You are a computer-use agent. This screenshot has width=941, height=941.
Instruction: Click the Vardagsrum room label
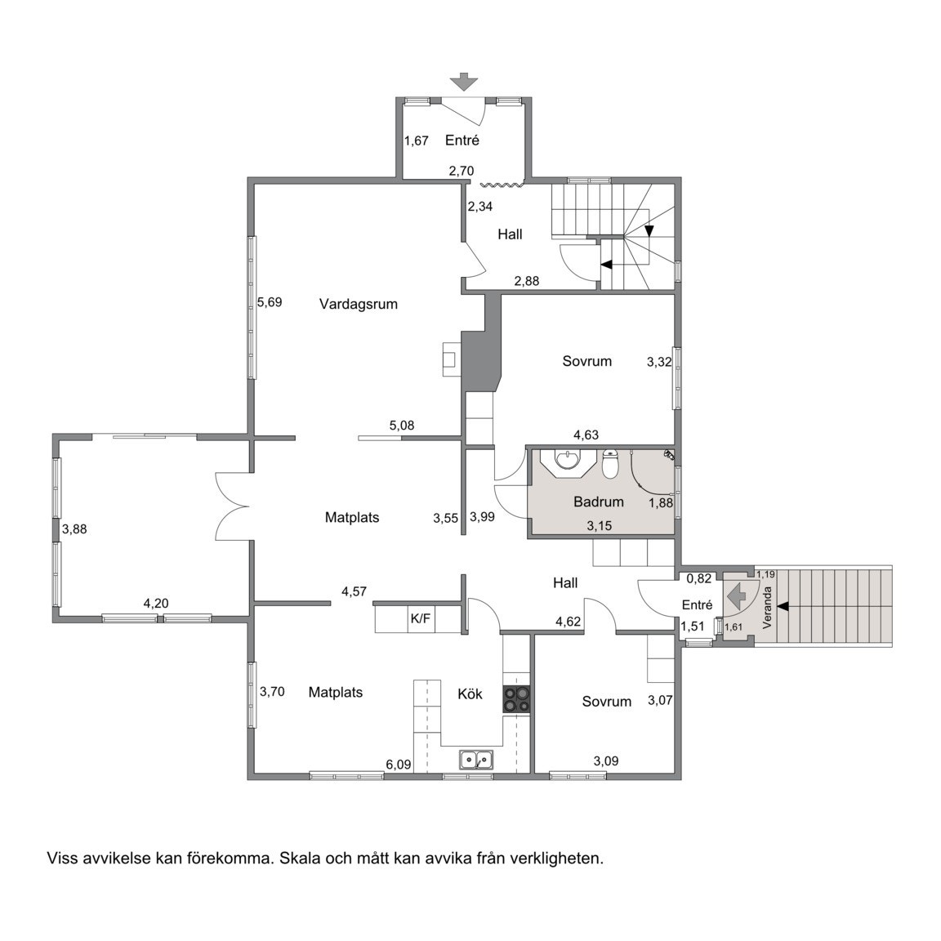pos(358,305)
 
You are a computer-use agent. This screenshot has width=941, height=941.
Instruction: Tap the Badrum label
pos(598,502)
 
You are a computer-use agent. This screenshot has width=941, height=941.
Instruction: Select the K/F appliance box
pos(421,619)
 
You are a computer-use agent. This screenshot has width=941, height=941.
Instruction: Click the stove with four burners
pos(515,696)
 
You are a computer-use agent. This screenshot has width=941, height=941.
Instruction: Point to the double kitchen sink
pos(476,760)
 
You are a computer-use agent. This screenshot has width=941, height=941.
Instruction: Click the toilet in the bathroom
pos(610,466)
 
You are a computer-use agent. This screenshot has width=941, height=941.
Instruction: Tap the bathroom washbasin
pos(567,461)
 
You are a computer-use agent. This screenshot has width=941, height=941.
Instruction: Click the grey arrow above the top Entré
pos(464,81)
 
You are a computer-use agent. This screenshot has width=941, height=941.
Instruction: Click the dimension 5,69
pos(270,302)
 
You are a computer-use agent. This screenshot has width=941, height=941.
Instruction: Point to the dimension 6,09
pos(398,765)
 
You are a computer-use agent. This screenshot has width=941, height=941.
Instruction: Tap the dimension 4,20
pos(156,604)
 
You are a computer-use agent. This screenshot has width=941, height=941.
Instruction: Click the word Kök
pos(470,694)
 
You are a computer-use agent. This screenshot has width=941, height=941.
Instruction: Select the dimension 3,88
pos(74,528)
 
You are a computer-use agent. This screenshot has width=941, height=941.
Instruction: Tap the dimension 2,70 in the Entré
pos(461,171)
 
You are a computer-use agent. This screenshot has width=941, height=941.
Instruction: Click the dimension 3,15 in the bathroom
pos(600,526)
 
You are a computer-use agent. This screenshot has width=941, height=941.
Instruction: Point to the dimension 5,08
pos(402,425)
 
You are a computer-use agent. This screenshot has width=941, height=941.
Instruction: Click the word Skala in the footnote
pos(297,859)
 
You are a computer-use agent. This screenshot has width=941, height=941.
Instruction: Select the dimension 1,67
pos(417,140)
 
